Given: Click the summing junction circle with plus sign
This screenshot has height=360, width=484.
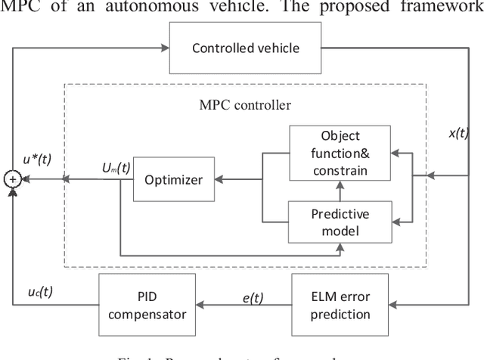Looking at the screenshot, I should click(x=12, y=180).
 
